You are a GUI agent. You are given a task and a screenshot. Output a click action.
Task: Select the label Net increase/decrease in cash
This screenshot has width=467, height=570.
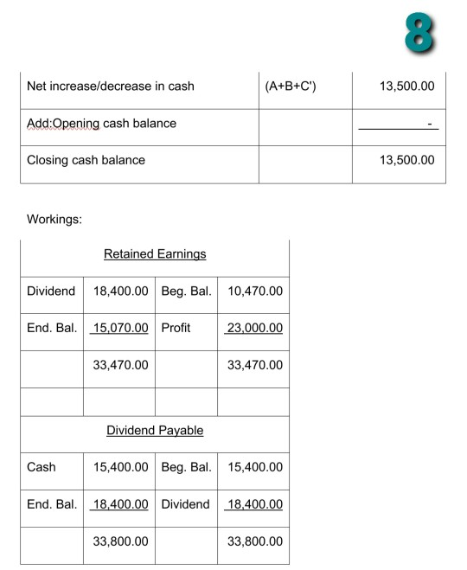pyautogui.click(x=111, y=86)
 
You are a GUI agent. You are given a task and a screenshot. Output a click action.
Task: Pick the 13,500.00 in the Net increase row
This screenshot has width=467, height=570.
pyautogui.click(x=406, y=86)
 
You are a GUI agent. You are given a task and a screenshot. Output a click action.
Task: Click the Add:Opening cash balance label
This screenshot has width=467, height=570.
pyautogui.click(x=101, y=123)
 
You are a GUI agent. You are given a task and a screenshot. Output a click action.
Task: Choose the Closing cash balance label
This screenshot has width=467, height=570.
pyautogui.click(x=86, y=160)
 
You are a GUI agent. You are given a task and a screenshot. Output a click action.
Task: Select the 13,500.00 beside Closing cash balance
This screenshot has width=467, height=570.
pyautogui.click(x=406, y=160)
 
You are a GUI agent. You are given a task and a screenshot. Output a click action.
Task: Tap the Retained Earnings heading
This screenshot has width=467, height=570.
pyautogui.click(x=155, y=253)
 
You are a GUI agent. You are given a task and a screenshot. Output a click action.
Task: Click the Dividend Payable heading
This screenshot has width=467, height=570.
pyautogui.click(x=155, y=430)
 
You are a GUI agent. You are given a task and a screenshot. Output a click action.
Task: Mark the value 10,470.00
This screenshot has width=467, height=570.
pyautogui.click(x=254, y=291)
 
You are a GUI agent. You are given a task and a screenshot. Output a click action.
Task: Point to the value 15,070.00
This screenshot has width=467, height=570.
pyautogui.click(x=120, y=329)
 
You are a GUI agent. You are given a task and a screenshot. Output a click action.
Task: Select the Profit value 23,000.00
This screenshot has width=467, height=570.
pyautogui.click(x=254, y=329)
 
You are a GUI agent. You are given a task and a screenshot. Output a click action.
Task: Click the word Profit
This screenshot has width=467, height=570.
pyautogui.click(x=176, y=329)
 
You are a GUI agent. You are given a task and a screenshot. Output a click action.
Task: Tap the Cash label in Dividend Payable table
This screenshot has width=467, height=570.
pyautogui.click(x=42, y=467)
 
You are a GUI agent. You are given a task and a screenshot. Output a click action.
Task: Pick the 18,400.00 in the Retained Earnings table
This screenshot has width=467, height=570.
pyautogui.click(x=120, y=291)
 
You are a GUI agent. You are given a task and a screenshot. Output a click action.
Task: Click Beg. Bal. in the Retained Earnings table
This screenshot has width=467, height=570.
pyautogui.click(x=187, y=291)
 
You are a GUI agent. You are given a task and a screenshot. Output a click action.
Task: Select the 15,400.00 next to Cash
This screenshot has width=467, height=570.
pyautogui.click(x=120, y=467)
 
